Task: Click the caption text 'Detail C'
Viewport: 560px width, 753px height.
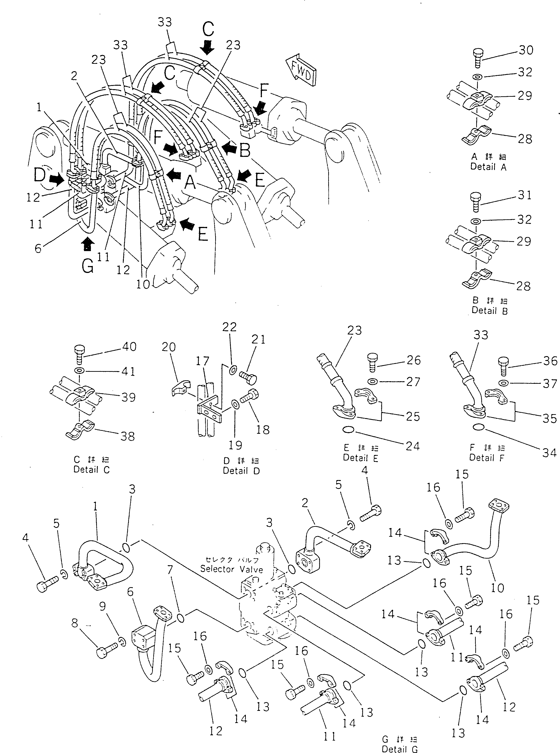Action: [x=92, y=470]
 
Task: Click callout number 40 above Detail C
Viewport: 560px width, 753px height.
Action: [x=129, y=347]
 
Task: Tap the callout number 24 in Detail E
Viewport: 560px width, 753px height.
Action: [x=412, y=446]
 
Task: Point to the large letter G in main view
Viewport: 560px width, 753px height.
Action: [x=88, y=266]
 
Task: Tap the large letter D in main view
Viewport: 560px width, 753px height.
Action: [x=40, y=175]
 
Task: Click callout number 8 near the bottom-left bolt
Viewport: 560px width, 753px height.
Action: [x=75, y=623]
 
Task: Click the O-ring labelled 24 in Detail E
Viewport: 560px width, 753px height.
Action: [x=348, y=430]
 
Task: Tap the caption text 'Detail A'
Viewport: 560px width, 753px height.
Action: [x=488, y=167]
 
